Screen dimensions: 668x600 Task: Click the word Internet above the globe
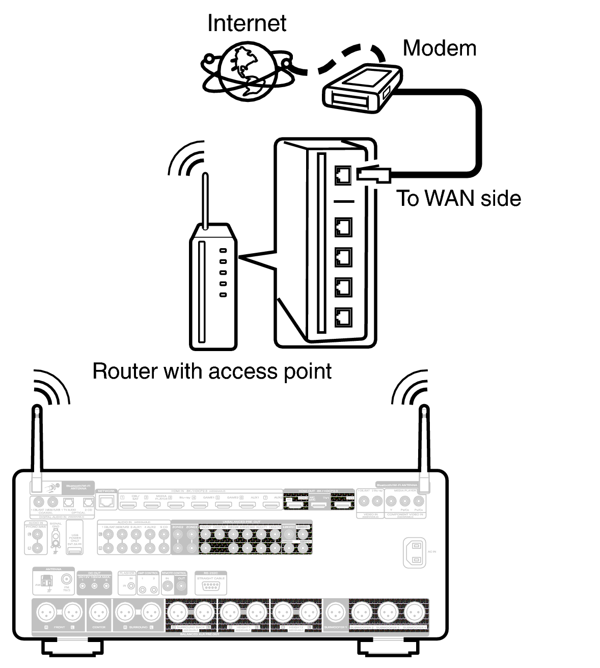click(247, 23)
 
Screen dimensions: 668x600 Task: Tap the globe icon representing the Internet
click(247, 72)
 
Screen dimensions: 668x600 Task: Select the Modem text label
click(439, 48)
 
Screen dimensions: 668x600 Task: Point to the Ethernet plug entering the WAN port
click(374, 174)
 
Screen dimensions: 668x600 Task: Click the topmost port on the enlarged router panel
click(343, 175)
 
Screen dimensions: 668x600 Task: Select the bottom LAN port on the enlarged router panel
click(343, 317)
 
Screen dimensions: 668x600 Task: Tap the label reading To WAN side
click(458, 198)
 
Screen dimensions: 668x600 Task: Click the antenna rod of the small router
click(205, 201)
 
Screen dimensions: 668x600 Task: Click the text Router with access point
click(212, 371)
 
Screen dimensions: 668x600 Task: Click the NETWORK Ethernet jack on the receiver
click(106, 501)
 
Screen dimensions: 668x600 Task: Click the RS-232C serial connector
click(210, 586)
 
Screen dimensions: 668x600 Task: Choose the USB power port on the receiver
click(74, 551)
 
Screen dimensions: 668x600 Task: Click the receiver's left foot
click(72, 647)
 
